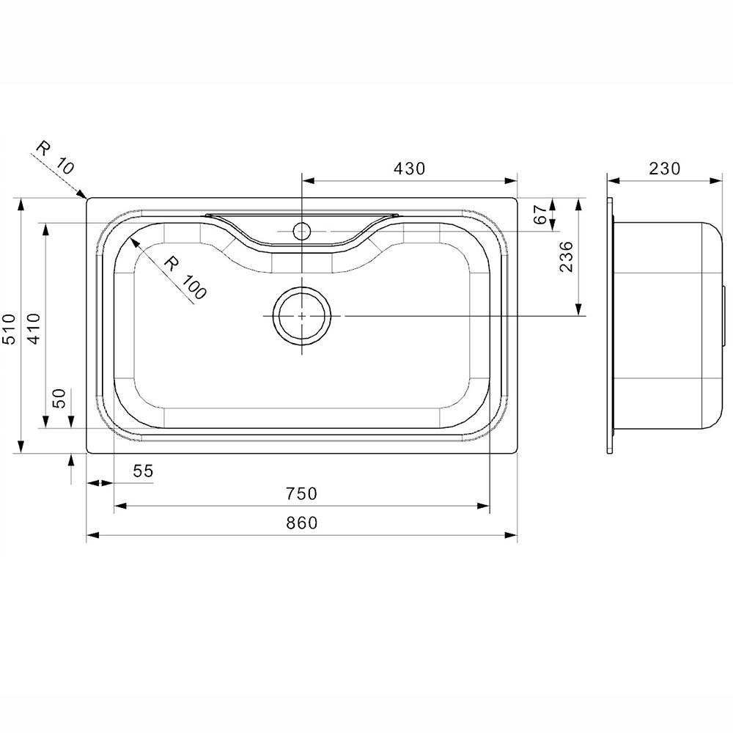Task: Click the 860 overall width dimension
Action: [x=301, y=523]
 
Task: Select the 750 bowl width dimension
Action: [x=301, y=494]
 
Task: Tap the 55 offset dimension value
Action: [x=143, y=472]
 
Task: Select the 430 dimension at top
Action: [x=409, y=169]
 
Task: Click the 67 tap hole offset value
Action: [x=540, y=215]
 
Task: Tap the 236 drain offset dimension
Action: [x=567, y=257]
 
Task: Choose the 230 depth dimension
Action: [x=665, y=169]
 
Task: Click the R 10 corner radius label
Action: [x=56, y=157]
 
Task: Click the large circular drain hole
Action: [x=302, y=315]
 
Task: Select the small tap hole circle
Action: [x=301, y=232]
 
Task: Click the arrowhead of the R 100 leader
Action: [x=132, y=240]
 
